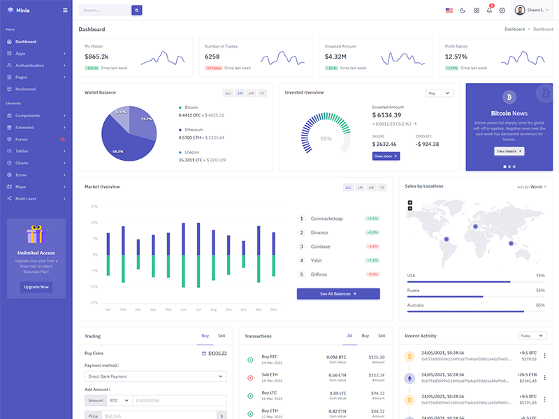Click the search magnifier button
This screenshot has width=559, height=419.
[x=137, y=10]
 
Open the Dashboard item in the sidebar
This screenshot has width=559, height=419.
[x=26, y=42]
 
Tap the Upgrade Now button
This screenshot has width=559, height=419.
[x=36, y=287]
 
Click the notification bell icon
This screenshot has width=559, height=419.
[x=489, y=10]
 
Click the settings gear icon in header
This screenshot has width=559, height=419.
[x=502, y=10]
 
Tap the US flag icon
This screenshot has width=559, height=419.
[x=449, y=10]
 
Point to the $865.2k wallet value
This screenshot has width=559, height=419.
[x=96, y=57]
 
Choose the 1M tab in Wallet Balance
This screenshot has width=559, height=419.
[x=240, y=93]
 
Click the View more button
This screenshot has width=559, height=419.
[x=386, y=156]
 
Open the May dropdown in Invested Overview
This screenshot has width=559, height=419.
[x=440, y=93]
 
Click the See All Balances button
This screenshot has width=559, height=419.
[x=338, y=294]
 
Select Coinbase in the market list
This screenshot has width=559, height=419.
[x=321, y=247]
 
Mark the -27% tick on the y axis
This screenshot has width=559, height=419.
[x=94, y=302]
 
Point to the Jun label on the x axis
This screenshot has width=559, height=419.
[x=183, y=309]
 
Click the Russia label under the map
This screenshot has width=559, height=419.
[x=414, y=290]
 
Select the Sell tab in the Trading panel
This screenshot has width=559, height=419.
[x=222, y=336]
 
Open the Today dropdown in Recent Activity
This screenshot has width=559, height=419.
[x=532, y=336]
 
